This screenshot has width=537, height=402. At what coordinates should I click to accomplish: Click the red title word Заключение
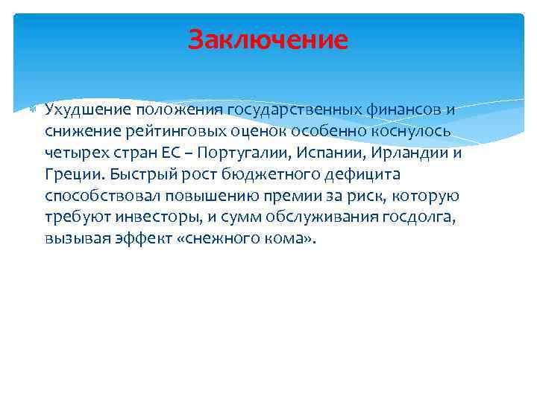(x=268, y=39)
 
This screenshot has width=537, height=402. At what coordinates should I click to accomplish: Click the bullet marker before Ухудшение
(x=31, y=110)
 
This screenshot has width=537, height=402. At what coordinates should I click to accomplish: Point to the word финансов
(x=404, y=110)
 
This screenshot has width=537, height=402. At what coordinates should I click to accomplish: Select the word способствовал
(x=92, y=197)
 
